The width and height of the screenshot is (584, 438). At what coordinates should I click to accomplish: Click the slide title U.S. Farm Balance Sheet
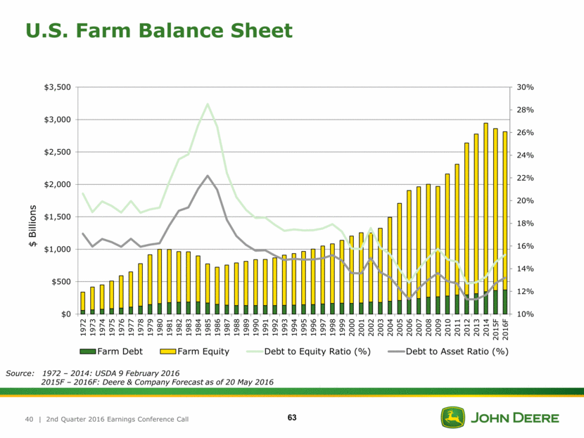(x=158, y=30)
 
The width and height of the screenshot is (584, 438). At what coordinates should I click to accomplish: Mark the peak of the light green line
(x=208, y=104)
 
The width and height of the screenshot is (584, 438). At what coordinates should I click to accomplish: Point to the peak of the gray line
(x=208, y=176)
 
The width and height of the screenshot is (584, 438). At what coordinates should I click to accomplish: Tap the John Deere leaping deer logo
(x=450, y=418)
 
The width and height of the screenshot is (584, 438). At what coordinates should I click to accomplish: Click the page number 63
(x=292, y=419)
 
